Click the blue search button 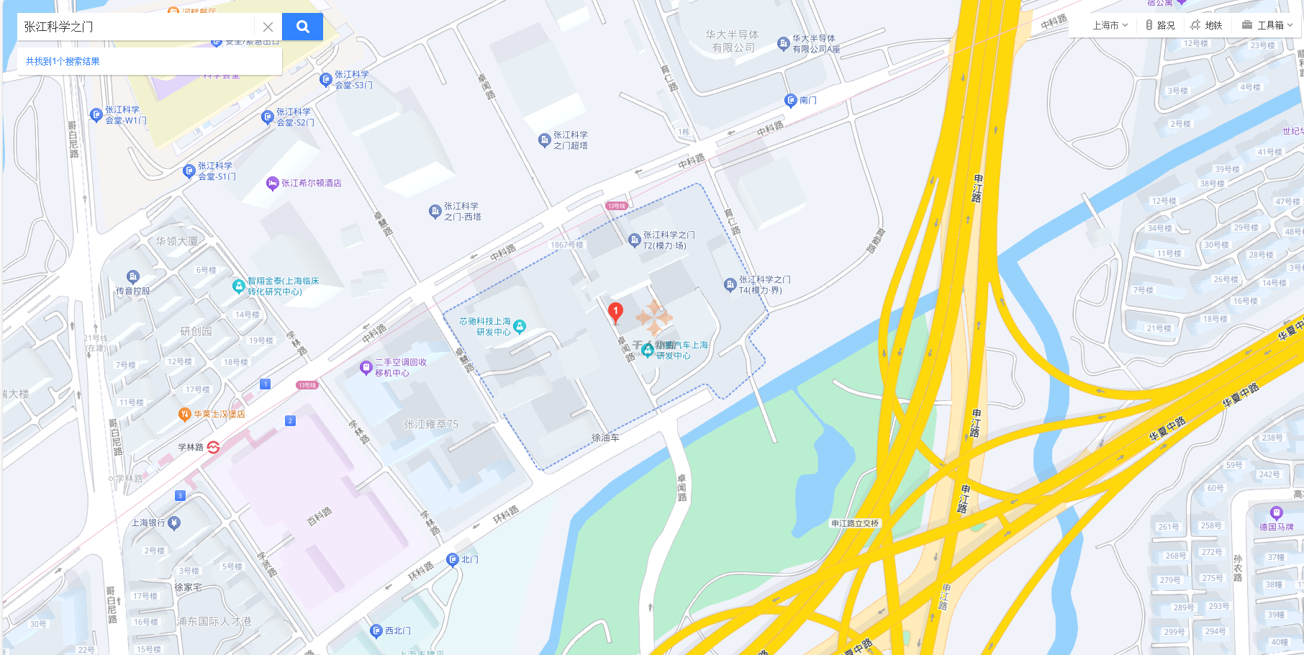[302, 27]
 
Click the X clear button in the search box [268, 27]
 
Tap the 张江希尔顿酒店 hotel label [311, 184]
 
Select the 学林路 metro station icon [213, 447]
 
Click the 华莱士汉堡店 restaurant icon [185, 414]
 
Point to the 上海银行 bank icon [174, 523]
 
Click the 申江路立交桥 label [855, 523]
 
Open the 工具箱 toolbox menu [1267, 25]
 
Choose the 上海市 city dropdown [1110, 25]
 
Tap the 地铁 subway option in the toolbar [1207, 25]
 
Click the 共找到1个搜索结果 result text [63, 61]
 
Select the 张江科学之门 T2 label [669, 240]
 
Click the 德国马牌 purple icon [1277, 513]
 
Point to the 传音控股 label [133, 291]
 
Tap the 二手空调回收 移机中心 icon [366, 368]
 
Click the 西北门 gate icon [376, 631]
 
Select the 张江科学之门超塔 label [570, 140]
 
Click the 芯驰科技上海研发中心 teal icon [520, 326]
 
